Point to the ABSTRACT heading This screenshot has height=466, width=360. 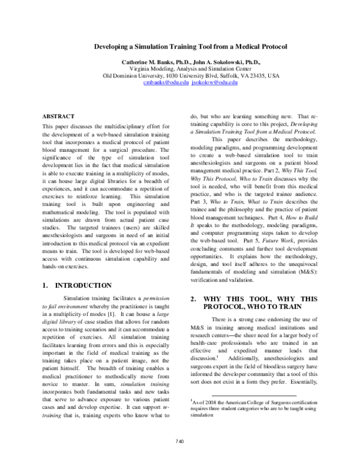coord(58,98)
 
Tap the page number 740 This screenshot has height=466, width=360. coord(179,459)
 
